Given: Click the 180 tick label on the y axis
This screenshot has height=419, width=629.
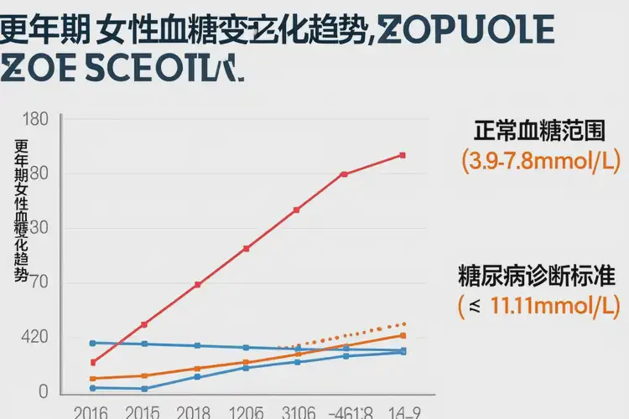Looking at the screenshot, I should tap(38, 119).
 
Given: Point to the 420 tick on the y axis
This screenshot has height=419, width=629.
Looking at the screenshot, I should tap(34, 337).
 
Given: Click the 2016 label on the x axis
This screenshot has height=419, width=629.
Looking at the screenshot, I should tap(91, 412).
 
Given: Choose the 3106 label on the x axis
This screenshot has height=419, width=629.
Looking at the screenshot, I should tap(298, 412).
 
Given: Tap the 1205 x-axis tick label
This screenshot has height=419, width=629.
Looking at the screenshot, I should tap(246, 412).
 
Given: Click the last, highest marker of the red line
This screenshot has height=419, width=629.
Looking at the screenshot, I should tap(403, 155).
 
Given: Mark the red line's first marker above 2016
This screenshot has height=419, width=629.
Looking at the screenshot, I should tap(92, 362).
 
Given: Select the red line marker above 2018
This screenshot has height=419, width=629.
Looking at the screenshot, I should tap(197, 285).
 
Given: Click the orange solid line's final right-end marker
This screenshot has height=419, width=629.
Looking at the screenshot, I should tap(403, 335).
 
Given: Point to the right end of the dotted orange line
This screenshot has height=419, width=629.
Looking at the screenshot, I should tap(405, 323).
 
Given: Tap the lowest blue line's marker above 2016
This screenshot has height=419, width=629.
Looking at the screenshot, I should tap(92, 388).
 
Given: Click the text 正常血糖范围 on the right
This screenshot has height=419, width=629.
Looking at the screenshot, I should tap(538, 132).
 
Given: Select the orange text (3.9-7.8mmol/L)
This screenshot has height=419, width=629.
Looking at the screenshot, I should tap(538, 161).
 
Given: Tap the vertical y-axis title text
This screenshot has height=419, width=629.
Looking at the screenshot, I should tap(22, 209).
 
